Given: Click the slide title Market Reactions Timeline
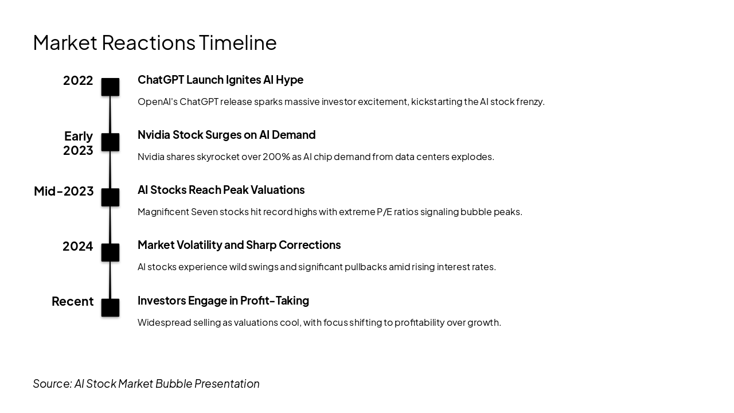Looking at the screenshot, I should (x=155, y=42).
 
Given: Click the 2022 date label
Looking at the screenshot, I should (x=78, y=81).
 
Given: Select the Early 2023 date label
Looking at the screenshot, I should (x=78, y=143).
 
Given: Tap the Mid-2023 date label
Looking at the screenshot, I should (x=64, y=191).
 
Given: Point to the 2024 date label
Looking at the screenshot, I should (x=78, y=247).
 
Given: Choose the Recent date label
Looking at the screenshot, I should (x=73, y=302).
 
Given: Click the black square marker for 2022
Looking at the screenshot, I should (x=110, y=87).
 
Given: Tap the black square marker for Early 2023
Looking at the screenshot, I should (x=110, y=142).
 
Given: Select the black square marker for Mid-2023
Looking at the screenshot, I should (x=110, y=197).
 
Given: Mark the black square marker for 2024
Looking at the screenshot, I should (x=110, y=252).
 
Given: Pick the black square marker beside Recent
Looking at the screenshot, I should (x=110, y=307).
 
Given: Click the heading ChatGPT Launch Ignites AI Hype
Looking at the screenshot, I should (x=220, y=80).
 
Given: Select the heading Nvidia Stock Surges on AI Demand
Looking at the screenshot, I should (x=227, y=135).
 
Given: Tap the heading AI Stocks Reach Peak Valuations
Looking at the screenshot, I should (x=221, y=190).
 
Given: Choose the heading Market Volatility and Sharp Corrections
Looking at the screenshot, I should (x=239, y=245).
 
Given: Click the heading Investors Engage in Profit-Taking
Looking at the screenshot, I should (x=223, y=301).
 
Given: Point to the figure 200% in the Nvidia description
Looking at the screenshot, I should (x=276, y=157).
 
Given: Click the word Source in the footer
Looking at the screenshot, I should (x=52, y=384).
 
